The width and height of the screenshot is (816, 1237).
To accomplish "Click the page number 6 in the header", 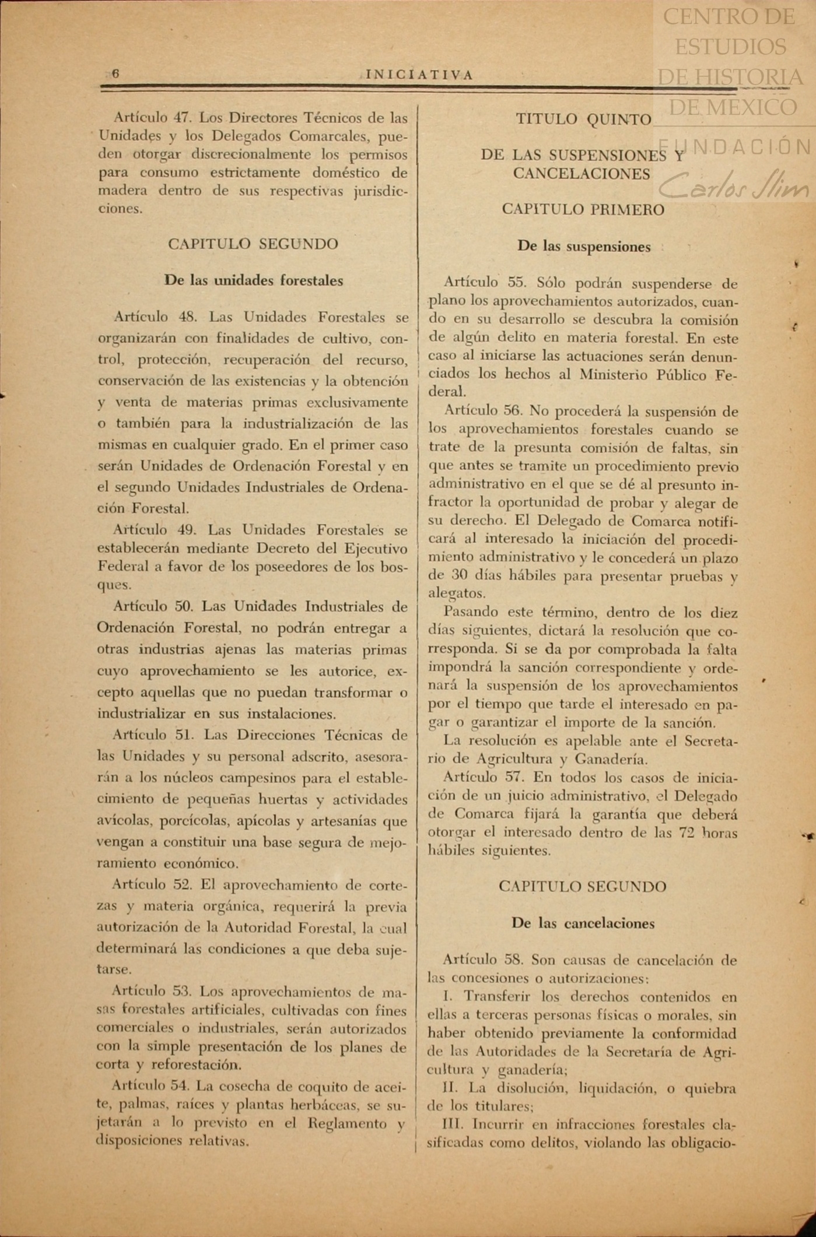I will pos(115,74).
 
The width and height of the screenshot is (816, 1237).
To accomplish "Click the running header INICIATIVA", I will pos(419,75).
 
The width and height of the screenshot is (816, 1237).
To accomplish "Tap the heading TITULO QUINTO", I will pos(583,120).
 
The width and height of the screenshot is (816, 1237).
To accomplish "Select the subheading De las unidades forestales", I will pos(254,280).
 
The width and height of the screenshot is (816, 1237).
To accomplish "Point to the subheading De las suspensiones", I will pos(584,247).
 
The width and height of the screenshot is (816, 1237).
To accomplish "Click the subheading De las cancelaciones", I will pos(583,923).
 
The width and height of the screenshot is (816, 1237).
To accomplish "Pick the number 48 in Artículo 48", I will pos(189,318).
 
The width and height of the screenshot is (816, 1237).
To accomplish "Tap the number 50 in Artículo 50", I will pos(184,606).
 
